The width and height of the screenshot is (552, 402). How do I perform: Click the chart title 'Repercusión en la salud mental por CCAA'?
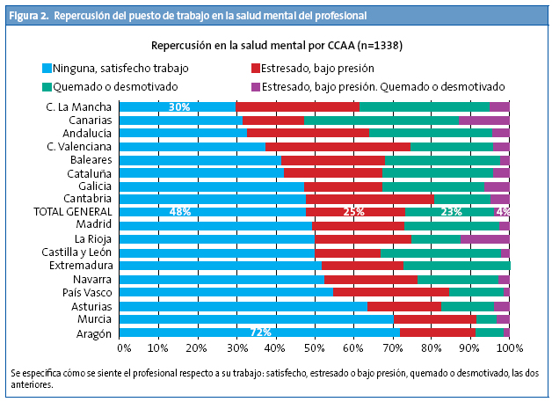tap(277, 44)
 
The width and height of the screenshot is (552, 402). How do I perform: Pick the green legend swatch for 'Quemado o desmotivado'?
tap(47, 86)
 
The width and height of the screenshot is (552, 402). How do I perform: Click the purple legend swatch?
tap(256, 86)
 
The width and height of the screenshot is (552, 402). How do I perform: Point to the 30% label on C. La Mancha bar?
tap(179, 107)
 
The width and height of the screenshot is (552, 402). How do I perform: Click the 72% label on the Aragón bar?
tap(260, 333)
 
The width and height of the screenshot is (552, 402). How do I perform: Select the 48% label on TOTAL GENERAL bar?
tap(180, 212)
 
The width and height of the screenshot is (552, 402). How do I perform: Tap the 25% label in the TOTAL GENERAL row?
tap(353, 212)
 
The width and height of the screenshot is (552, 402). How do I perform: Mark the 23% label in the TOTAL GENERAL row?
tap(451, 212)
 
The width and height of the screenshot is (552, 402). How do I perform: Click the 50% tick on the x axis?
tap(316, 348)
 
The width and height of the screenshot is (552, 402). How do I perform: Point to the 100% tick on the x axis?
tap(511, 348)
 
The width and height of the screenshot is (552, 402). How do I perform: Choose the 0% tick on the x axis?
tap(124, 348)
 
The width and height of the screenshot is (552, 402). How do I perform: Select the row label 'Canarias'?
tap(91, 120)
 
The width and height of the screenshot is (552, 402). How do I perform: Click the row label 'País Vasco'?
tap(86, 292)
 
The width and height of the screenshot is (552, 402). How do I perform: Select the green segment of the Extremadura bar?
tap(456, 265)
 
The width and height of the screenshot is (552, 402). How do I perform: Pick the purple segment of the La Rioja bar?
tap(485, 238)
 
